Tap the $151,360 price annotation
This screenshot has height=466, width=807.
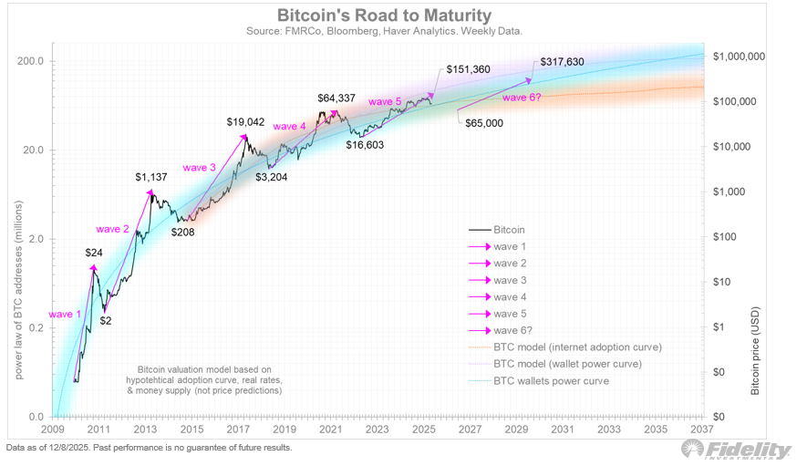click(x=471, y=69)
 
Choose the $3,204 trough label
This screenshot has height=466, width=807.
click(x=273, y=177)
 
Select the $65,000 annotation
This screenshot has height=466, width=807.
click(x=483, y=122)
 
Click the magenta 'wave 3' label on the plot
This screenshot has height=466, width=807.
click(x=200, y=167)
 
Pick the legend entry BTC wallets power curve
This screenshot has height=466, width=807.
click(x=551, y=379)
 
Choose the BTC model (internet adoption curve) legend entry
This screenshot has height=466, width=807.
click(x=576, y=347)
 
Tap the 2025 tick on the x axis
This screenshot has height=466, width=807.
click(x=423, y=430)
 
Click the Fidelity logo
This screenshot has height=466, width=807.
click(x=736, y=449)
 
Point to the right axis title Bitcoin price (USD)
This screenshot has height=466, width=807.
click(x=754, y=349)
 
